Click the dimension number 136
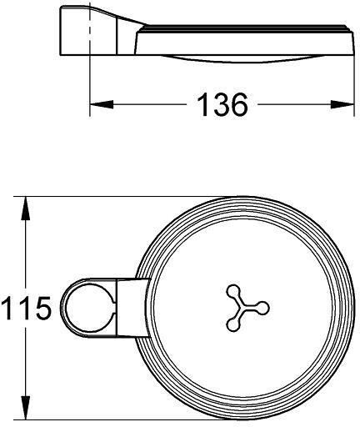222,104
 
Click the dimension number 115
26,308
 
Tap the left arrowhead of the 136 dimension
102,104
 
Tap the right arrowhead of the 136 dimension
342,104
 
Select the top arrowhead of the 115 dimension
26,208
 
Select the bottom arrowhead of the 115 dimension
26,408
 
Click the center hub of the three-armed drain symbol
241,308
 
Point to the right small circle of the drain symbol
262,308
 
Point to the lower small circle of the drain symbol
233,324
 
